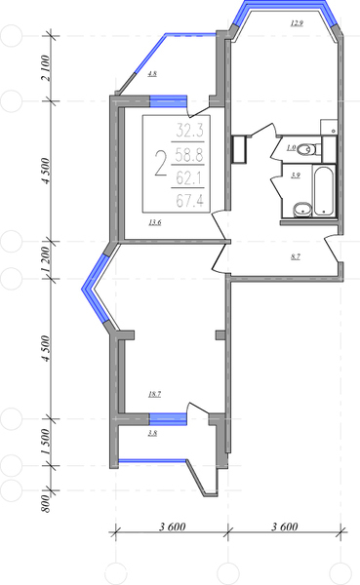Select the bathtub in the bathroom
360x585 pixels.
click(x=323, y=191)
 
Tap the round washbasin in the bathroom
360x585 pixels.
click(x=302, y=210)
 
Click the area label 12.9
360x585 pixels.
click(x=297, y=23)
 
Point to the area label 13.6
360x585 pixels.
click(x=154, y=223)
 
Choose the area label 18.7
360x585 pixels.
click(x=154, y=394)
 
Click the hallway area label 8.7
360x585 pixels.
click(x=296, y=256)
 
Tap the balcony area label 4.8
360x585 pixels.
click(x=152, y=74)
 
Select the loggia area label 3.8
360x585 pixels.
click(x=152, y=433)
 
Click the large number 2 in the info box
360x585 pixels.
click(x=161, y=163)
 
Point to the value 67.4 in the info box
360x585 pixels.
click(x=189, y=202)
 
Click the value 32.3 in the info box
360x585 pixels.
click(x=189, y=131)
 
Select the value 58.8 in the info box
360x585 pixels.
click(x=189, y=155)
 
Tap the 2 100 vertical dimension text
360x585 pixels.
click(x=45, y=68)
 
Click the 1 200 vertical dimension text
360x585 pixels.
click(x=45, y=260)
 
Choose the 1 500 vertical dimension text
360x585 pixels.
click(x=45, y=442)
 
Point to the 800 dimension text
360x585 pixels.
click(x=45, y=503)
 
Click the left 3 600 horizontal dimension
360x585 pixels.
click(x=172, y=526)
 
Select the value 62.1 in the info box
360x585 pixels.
click(x=189, y=178)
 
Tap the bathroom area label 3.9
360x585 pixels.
click(x=296, y=175)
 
